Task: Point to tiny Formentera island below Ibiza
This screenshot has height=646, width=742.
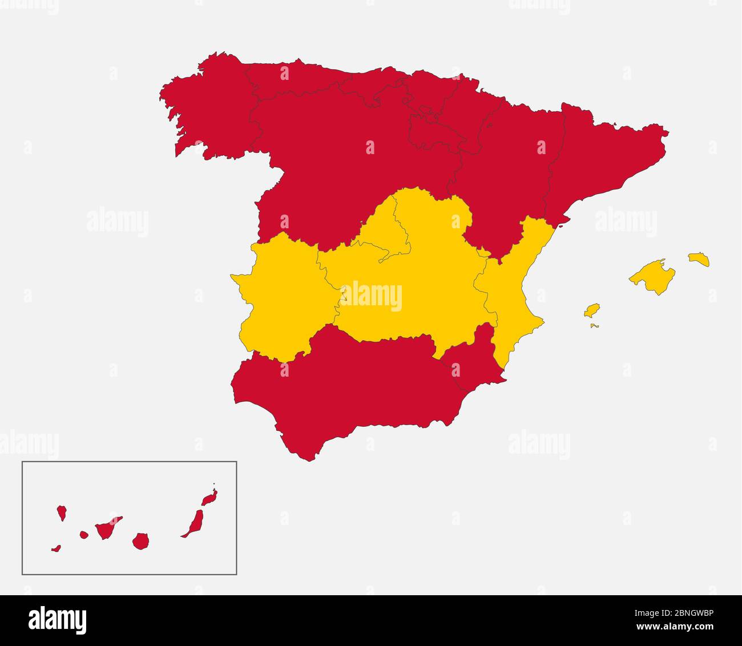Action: click(595, 326)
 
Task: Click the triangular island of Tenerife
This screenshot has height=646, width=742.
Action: click(106, 528)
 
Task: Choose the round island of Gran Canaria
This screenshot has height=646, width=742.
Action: click(140, 541)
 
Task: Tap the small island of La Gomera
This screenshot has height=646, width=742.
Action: click(84, 535)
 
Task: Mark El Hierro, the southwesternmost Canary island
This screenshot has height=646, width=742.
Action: click(56, 549)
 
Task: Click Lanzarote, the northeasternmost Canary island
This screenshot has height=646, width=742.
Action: click(209, 498)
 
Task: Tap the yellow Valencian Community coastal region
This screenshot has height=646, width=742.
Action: click(511, 291)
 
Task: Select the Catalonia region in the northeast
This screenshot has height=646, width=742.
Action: click(605, 154)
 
